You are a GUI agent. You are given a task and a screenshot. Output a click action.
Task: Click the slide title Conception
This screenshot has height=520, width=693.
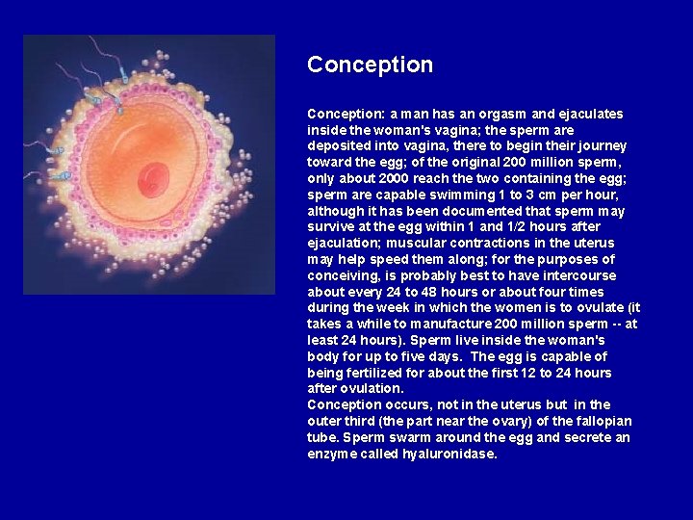pos(370,65)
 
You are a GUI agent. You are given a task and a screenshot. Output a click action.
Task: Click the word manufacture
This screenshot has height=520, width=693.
pos(441,325)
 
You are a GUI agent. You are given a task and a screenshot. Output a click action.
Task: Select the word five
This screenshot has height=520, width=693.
pos(386,356)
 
